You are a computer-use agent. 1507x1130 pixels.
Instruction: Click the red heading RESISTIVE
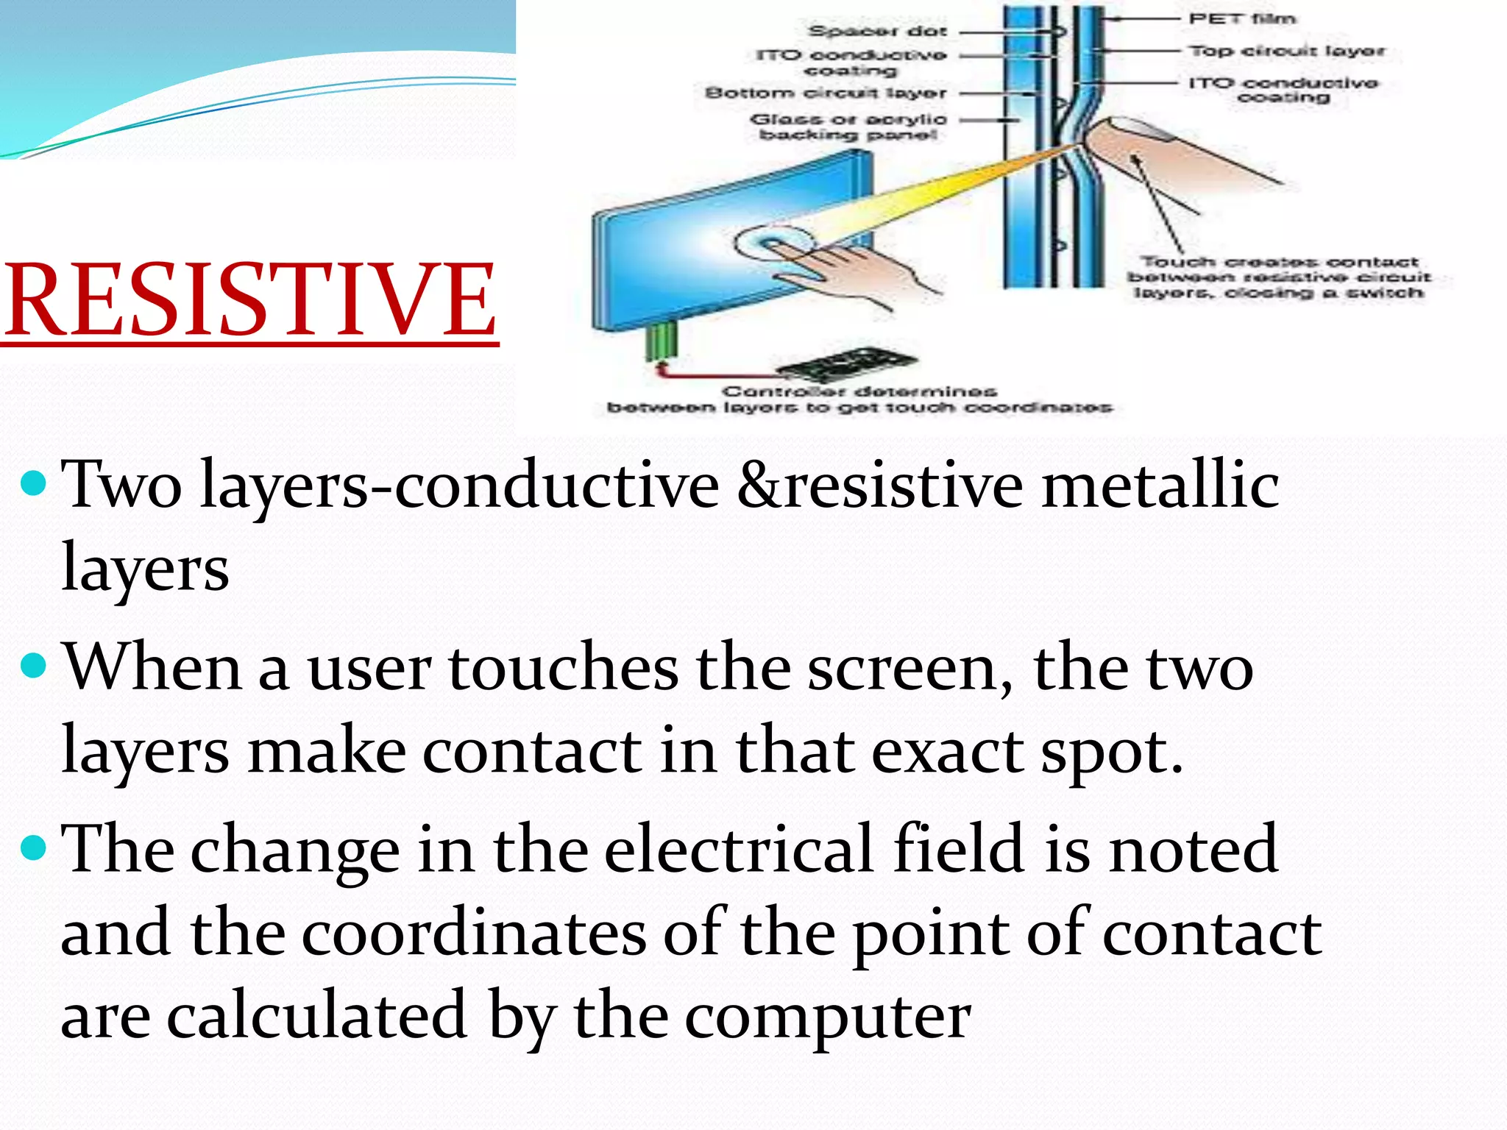tap(250, 300)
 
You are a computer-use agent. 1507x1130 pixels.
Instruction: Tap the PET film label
tap(1243, 19)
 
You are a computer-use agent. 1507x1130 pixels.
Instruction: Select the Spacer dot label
tap(877, 32)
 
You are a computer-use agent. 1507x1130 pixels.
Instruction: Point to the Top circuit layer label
tap(1287, 51)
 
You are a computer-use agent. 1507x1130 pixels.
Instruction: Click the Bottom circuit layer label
tap(826, 93)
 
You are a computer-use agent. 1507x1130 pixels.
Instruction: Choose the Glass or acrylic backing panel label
tap(848, 127)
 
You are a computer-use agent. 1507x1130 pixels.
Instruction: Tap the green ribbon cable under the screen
tap(661, 341)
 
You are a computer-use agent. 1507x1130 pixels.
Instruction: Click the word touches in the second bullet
tap(563, 668)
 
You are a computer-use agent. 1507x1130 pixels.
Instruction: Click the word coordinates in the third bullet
tap(474, 933)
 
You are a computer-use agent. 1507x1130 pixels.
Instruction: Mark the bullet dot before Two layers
tap(35, 485)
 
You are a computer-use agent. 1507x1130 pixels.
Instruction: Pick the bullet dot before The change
tap(35, 849)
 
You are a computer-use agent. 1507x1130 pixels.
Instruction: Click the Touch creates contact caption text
tap(1279, 277)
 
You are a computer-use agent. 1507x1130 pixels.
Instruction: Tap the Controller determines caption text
tap(859, 399)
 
